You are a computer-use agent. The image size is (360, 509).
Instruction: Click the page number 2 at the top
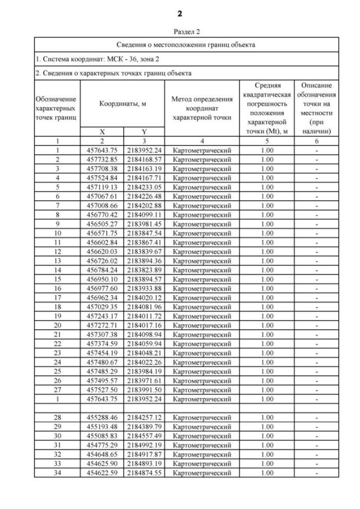[x=179, y=13]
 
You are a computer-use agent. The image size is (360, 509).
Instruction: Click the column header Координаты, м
[x=122, y=104]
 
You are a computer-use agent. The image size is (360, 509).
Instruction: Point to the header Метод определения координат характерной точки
[x=202, y=104]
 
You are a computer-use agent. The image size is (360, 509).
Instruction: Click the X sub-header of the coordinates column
[x=102, y=132]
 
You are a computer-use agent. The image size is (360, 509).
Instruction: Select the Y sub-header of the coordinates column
[x=144, y=132]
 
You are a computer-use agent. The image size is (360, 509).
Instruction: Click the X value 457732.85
[x=102, y=159]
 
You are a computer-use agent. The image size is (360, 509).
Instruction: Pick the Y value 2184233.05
[x=144, y=187]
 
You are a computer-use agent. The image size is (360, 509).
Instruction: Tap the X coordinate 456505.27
[x=102, y=223]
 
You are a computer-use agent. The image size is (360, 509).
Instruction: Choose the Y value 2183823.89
[x=144, y=269]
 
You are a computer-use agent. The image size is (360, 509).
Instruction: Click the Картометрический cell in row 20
[x=202, y=325]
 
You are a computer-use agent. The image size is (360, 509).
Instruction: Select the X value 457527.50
[x=102, y=389]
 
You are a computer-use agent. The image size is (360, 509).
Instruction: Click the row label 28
[x=57, y=418]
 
